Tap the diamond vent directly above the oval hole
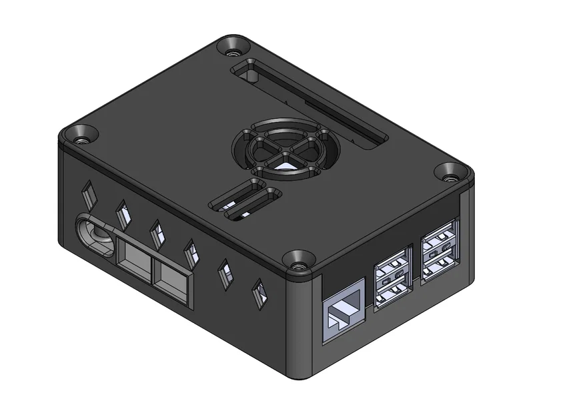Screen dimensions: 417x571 point(88,195)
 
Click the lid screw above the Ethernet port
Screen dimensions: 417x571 point(298,260)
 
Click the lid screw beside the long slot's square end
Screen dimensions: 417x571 point(233,46)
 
